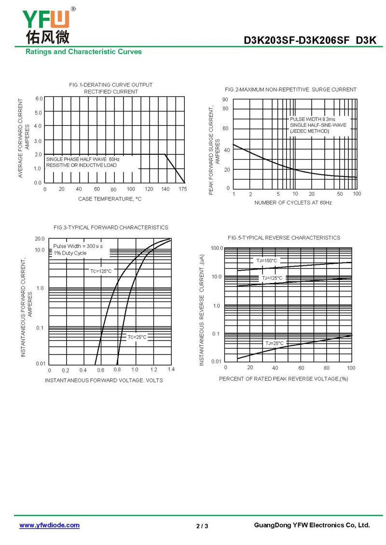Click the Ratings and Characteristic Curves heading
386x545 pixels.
[83, 52]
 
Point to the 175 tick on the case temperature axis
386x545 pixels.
[182, 189]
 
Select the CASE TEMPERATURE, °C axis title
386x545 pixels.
[110, 199]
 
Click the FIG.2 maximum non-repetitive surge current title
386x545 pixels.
[290, 90]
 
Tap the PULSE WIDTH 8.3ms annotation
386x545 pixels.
[312, 119]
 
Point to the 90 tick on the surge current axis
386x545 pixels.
[225, 99]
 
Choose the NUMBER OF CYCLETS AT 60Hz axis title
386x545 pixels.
[293, 203]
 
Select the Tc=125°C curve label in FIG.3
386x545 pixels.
[101, 271]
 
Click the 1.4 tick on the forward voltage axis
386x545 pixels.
[171, 369]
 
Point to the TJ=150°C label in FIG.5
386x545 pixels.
[267, 260]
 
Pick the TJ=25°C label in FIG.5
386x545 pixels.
[275, 343]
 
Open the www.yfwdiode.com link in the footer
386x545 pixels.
[49, 525]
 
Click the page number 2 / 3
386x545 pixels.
[202, 526]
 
